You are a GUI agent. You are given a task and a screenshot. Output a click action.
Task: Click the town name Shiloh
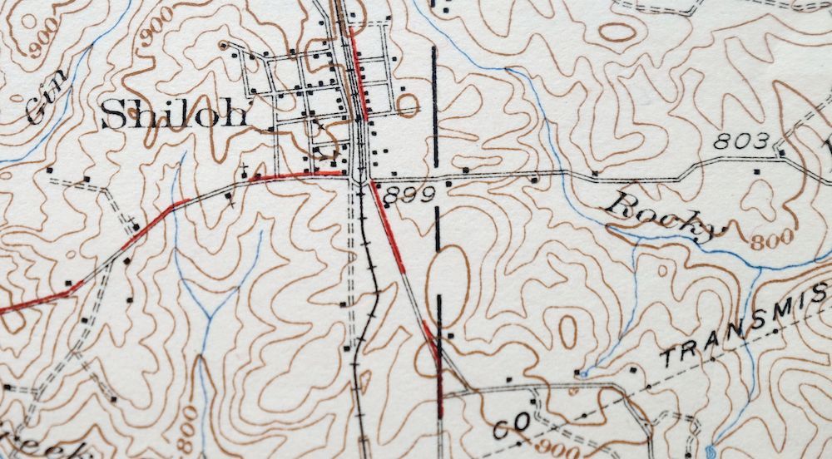pos(174,116)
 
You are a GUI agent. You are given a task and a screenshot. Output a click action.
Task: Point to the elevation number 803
pos(741,142)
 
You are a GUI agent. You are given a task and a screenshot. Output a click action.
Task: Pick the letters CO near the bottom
pos(511,427)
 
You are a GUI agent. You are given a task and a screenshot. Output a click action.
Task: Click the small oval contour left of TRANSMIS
pos(567,331)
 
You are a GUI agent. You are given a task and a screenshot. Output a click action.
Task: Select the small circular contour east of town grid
pos(409,105)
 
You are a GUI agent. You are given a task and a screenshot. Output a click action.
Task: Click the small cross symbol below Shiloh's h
pos(244,170)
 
